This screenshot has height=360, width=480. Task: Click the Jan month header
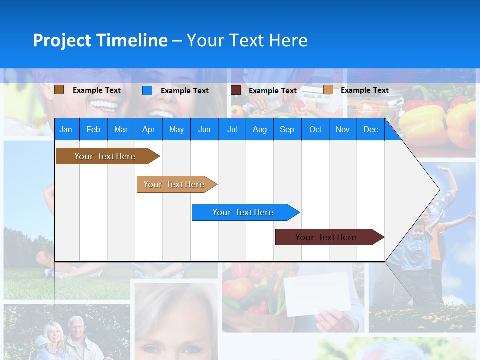click(66, 129)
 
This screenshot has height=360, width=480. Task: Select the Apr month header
click(148, 129)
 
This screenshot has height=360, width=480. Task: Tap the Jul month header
click(232, 129)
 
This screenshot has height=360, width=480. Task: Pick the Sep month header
click(287, 129)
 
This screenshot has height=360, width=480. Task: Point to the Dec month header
click(370, 129)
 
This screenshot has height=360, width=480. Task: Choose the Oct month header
click(315, 129)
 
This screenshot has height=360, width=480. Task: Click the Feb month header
click(93, 129)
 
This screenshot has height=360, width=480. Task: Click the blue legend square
click(147, 90)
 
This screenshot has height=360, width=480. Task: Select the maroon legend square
click(236, 90)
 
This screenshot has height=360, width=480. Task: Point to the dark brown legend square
click(59, 90)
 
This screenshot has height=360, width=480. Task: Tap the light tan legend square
click(328, 90)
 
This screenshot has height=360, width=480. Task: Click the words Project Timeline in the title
click(100, 40)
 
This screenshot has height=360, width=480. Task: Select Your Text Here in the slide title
click(247, 40)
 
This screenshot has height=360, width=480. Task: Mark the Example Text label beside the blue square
click(184, 91)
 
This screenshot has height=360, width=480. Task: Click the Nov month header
click(343, 129)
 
